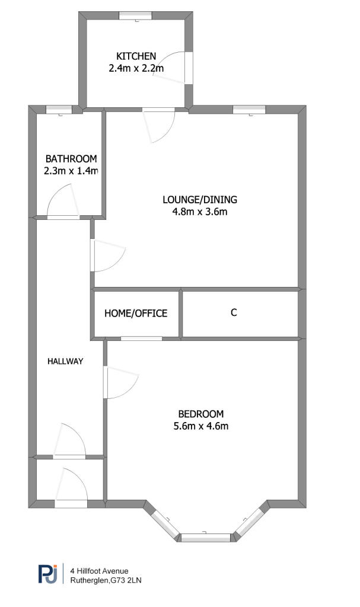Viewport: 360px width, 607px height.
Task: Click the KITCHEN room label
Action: (136, 56)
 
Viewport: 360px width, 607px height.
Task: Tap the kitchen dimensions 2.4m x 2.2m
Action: (136, 69)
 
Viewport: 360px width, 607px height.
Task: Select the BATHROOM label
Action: (71, 159)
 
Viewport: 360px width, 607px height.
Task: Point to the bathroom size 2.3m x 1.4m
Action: (71, 171)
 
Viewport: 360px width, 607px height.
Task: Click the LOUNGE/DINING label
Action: (199, 200)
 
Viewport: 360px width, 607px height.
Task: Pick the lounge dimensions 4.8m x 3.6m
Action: (199, 212)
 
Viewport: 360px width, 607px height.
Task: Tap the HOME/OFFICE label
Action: (136, 313)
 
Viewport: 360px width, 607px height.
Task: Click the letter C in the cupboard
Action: (234, 312)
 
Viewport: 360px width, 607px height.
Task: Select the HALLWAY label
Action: (65, 361)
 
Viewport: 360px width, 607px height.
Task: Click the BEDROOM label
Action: (200, 414)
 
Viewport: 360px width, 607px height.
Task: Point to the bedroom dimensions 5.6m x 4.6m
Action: (200, 426)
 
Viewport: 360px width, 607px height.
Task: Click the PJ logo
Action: (47, 574)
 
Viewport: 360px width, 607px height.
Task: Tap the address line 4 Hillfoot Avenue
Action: (99, 571)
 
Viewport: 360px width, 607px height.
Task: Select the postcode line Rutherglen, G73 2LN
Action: (106, 580)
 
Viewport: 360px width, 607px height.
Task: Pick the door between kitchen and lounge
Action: (159, 126)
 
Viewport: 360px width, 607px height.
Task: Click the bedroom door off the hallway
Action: (122, 382)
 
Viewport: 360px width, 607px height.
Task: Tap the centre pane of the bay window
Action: (205, 538)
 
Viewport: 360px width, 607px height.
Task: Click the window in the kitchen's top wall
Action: (135, 15)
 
